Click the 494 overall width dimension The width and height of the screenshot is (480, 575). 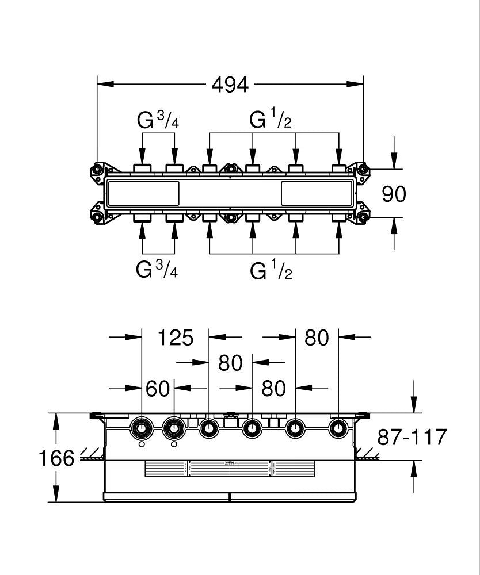[230, 85]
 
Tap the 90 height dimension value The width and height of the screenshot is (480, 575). [394, 194]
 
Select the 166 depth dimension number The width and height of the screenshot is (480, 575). [56, 458]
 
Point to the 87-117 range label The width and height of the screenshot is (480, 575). [412, 436]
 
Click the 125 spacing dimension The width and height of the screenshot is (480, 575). [176, 338]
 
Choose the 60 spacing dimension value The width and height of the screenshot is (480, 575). [158, 388]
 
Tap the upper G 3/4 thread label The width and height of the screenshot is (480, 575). [158, 120]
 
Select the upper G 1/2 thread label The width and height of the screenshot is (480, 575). [271, 120]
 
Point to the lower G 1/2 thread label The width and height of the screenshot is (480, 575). [271, 270]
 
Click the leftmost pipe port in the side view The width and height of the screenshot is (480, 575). [142, 428]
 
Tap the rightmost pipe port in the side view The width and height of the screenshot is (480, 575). [338, 428]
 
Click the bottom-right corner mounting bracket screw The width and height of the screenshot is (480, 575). [363, 217]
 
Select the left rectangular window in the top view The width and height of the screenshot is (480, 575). [143, 193]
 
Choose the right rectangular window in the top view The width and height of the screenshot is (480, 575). [318, 193]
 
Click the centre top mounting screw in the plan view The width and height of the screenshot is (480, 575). [230, 168]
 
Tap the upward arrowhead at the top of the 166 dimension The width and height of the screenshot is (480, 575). [56, 421]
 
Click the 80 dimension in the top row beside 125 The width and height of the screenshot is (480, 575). [317, 338]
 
